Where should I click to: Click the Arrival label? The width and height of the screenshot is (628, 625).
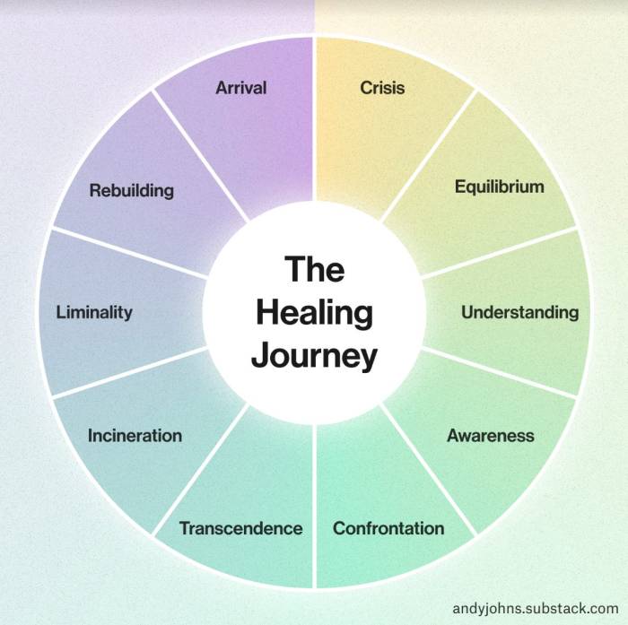[x=241, y=88]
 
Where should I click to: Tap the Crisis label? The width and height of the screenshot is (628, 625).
[x=382, y=88]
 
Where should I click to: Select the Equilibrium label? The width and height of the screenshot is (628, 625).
[x=500, y=187]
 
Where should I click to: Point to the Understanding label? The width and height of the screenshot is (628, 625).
[x=519, y=313]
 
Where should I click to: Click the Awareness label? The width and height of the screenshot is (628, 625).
[x=491, y=437]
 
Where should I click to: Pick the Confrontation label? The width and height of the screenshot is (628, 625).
[x=388, y=528]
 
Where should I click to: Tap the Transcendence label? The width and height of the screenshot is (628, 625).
[x=240, y=528]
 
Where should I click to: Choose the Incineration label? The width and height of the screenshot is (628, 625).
[x=135, y=437]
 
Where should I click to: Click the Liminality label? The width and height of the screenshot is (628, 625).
[x=94, y=313]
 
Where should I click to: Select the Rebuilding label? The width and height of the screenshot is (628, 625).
[x=132, y=191]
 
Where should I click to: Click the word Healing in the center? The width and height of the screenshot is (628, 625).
[x=314, y=314]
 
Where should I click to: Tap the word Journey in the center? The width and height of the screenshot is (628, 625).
[x=314, y=356]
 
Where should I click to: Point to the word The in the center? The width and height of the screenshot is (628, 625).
[x=314, y=270]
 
